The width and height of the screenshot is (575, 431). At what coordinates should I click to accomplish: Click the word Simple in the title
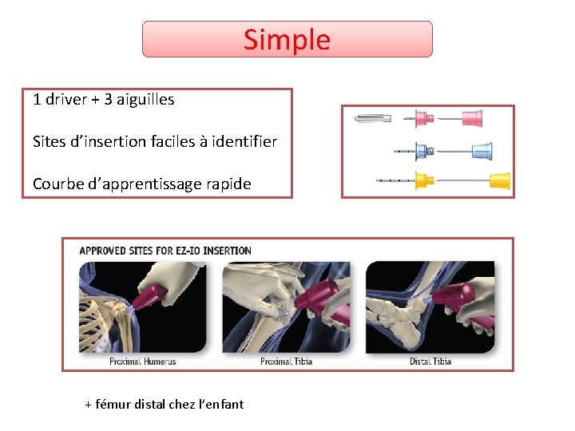(x=287, y=39)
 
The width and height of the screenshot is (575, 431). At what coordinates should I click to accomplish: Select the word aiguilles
(x=145, y=100)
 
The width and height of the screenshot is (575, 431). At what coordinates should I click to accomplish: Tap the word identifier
(x=240, y=142)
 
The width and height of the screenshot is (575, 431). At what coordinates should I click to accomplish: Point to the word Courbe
(x=57, y=184)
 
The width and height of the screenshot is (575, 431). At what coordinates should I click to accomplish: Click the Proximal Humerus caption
(x=142, y=362)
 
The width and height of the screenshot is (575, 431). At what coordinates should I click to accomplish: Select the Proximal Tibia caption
(x=286, y=362)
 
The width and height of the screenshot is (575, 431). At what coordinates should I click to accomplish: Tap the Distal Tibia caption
(x=430, y=362)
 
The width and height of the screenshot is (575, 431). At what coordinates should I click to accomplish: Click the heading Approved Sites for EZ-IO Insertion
(x=165, y=251)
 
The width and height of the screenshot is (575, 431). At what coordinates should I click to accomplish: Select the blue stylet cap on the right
(x=482, y=150)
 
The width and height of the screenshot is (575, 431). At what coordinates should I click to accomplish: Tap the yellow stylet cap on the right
(x=499, y=180)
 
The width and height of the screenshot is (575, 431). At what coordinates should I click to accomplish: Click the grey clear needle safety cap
(x=373, y=119)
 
